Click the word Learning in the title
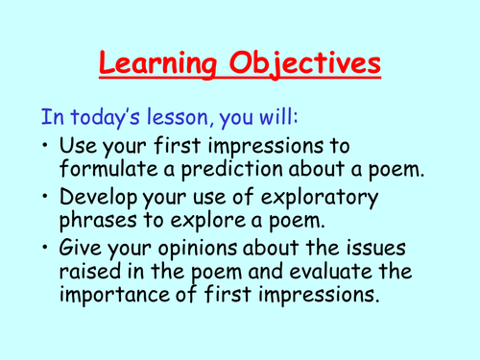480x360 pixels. [161, 65]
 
